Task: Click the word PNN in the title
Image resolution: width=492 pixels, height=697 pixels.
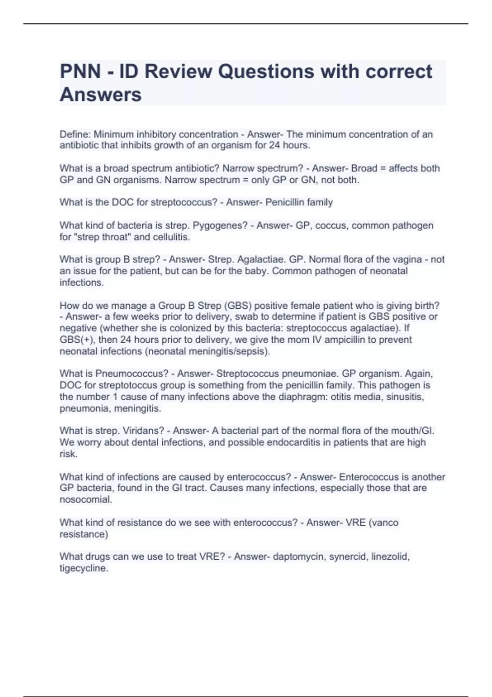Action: pos(80,71)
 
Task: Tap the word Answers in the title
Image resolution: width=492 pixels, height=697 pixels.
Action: pos(100,95)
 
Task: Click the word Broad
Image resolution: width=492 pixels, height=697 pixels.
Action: pos(364,169)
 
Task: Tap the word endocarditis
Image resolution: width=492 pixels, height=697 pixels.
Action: pos(294,442)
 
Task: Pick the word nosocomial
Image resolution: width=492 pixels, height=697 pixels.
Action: pos(85,500)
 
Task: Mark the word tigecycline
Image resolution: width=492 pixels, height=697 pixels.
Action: pos(84,568)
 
